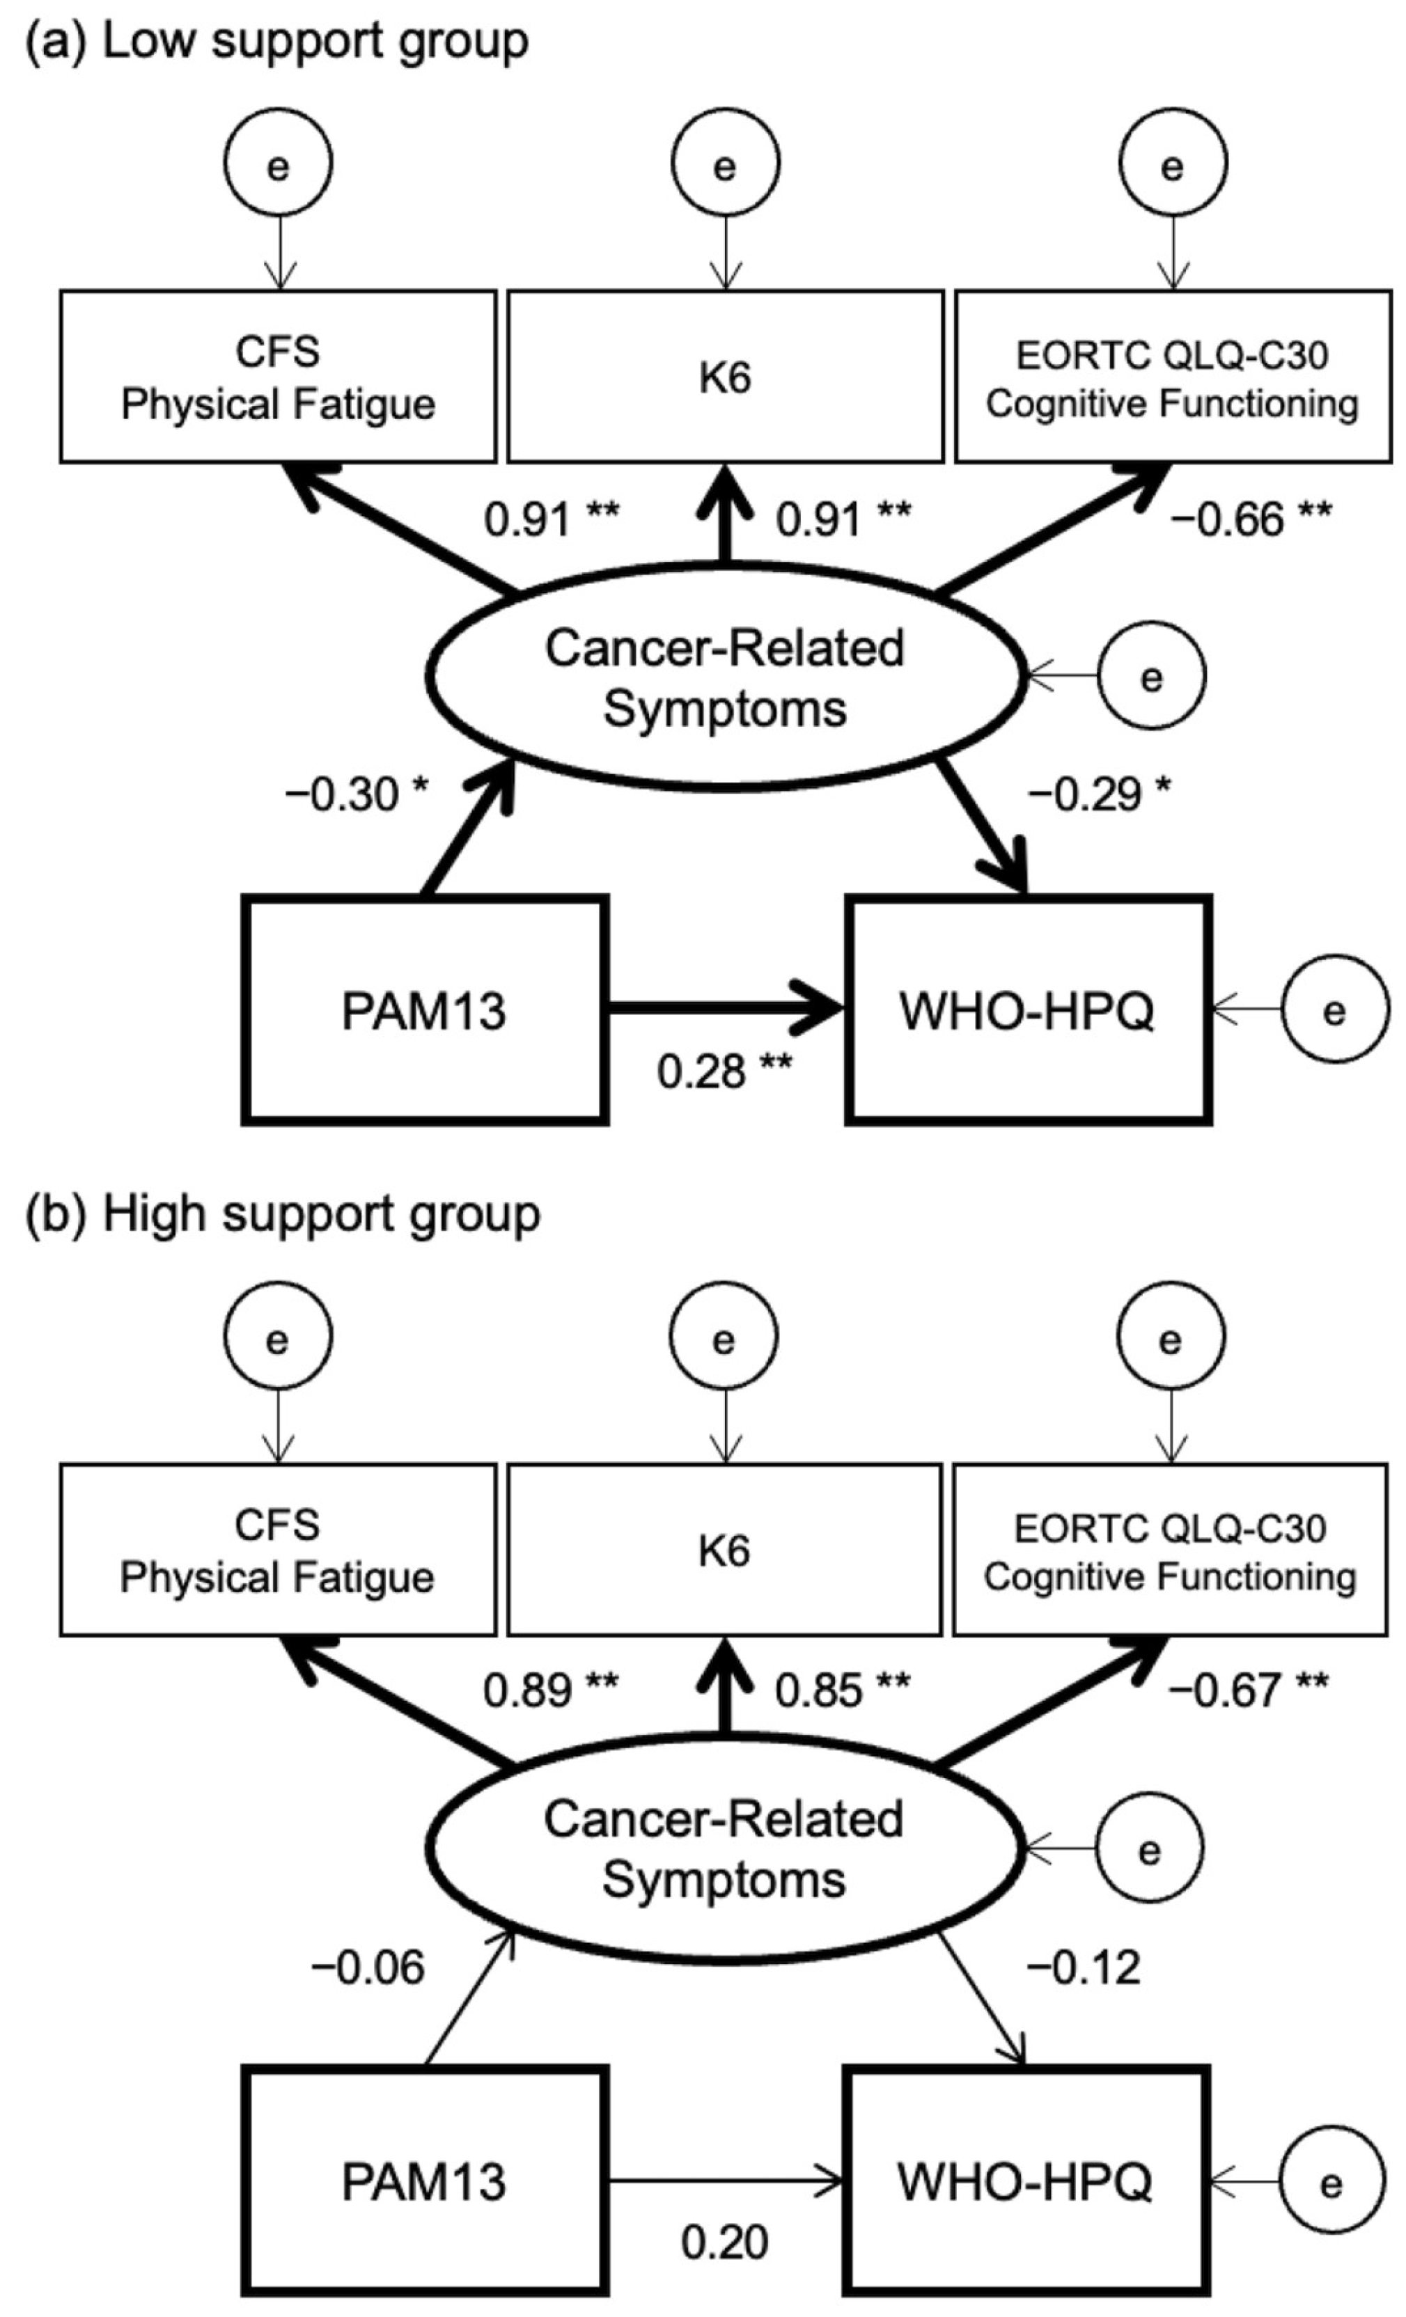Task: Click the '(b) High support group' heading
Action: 282,1214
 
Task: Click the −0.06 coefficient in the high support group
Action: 368,1968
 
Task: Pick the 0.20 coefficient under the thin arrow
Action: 724,2243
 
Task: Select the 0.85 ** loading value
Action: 842,1690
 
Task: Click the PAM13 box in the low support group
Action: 424,1011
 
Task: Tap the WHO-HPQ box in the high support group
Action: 1025,2182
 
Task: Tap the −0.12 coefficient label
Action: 1084,1968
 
